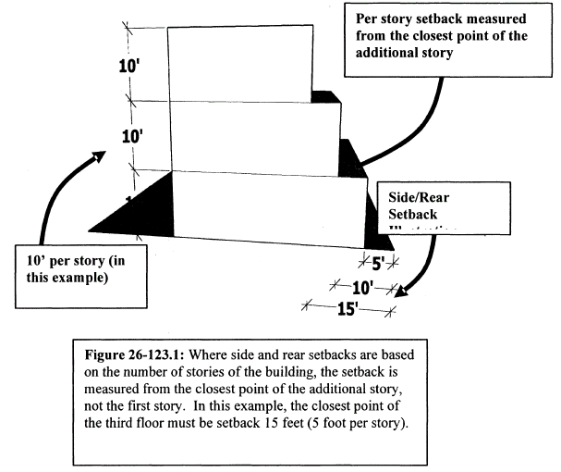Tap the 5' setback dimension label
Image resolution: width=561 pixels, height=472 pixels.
click(377, 263)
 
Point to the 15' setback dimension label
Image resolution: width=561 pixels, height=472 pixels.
click(348, 309)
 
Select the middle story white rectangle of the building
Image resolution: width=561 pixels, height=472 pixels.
click(253, 135)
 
